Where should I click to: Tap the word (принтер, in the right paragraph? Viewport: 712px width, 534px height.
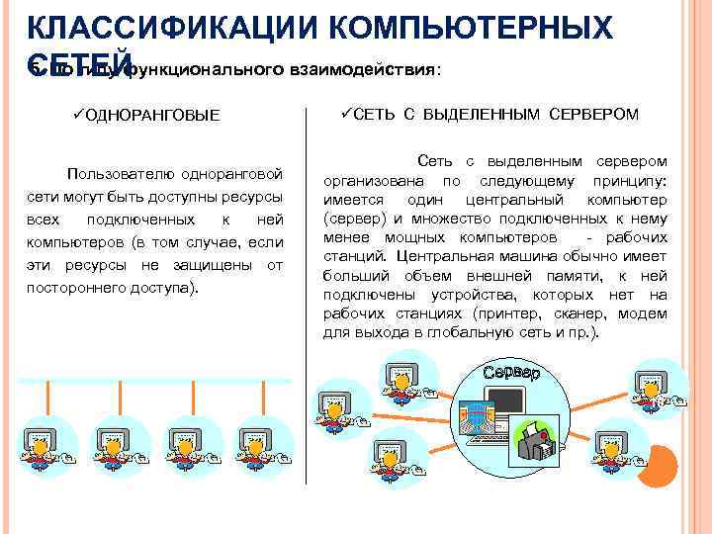pos(507,313)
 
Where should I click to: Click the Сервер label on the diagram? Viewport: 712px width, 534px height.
pos(512,374)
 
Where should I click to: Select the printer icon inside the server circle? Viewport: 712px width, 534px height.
pos(538,440)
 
